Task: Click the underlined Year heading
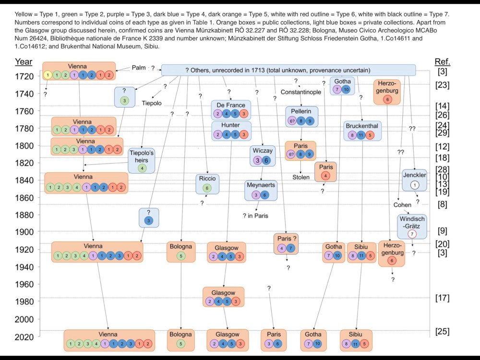(24, 61)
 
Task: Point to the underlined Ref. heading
(442, 61)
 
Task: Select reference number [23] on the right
(442, 85)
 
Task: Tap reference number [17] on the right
(442, 298)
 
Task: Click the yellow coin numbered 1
(48, 75)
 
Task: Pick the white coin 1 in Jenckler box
(416, 185)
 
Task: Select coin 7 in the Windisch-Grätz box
(411, 234)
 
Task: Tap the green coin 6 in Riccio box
(207, 188)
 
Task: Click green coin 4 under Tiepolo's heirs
(142, 168)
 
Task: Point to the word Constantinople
(301, 92)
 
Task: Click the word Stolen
(301, 177)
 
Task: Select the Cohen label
(402, 205)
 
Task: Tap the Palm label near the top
(139, 68)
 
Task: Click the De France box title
(231, 105)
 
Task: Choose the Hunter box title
(231, 125)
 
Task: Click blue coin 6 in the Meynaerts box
(265, 195)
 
